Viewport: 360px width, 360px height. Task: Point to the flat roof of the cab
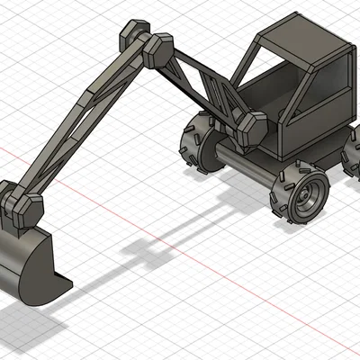[301, 36]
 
